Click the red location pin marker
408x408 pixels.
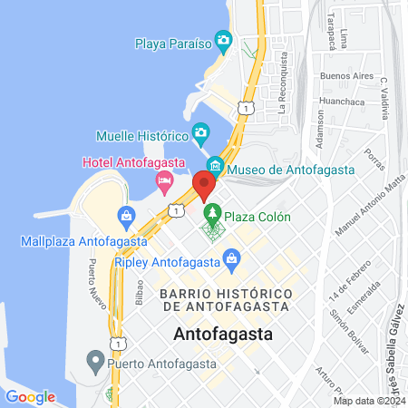(203, 184)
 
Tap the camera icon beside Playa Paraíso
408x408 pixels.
(225, 42)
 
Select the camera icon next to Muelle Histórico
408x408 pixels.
(201, 136)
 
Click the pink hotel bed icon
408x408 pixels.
(164, 181)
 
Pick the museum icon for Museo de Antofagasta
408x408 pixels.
(215, 168)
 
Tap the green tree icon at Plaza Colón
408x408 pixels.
(212, 216)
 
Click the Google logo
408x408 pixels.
(30, 396)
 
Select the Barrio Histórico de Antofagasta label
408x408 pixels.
(226, 302)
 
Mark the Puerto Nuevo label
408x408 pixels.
(92, 281)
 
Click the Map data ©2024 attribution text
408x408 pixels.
(368, 400)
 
